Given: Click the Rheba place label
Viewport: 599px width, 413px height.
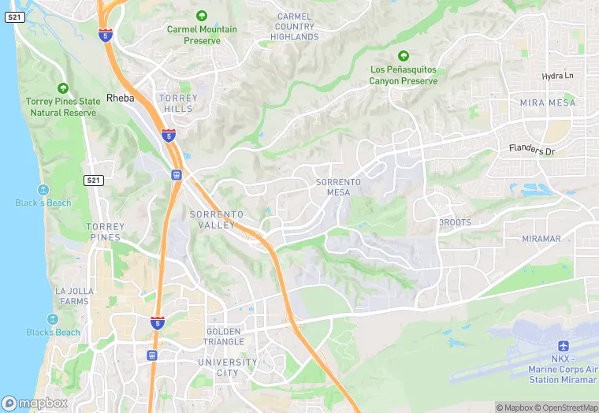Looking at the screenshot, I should [x=120, y=99].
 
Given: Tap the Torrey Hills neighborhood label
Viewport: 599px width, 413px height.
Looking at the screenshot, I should [x=178, y=103].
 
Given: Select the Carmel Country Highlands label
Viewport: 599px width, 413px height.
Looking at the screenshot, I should [x=296, y=26].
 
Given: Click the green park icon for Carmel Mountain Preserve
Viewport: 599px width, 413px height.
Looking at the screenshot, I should [x=202, y=15].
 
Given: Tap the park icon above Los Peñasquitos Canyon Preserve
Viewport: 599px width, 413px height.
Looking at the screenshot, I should [x=404, y=56].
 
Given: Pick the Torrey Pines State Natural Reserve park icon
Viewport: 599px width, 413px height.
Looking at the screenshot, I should [x=63, y=88].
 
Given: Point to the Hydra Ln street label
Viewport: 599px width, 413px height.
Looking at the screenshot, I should [x=558, y=76].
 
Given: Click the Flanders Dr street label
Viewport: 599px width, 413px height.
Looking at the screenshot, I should [x=532, y=148].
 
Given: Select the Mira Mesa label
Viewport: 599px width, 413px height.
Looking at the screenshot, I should [x=548, y=103].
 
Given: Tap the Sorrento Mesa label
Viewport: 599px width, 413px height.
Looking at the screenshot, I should [x=338, y=187].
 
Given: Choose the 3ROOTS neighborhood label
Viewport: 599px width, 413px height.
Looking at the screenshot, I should [x=455, y=223].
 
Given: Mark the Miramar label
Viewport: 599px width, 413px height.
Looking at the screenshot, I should [x=541, y=239].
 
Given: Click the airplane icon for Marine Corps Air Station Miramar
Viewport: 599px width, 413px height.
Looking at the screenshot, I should [x=563, y=347].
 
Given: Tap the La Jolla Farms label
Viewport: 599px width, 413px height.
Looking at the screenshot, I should [x=73, y=296].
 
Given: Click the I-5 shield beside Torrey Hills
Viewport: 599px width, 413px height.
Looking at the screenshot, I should [x=168, y=135].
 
